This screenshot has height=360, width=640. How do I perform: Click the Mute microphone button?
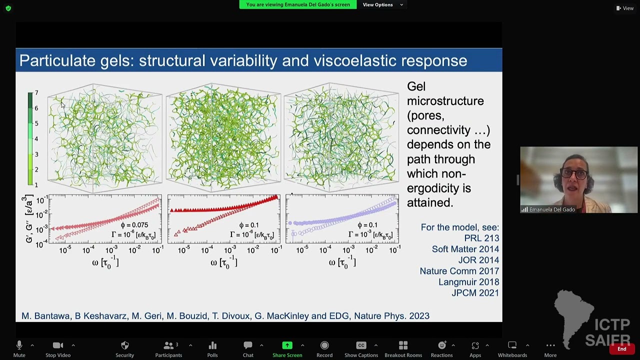click(19, 348)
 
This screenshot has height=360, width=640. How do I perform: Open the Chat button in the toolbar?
click(248, 348)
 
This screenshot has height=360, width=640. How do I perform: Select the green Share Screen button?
click(287, 348)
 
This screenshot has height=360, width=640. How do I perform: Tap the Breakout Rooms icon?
click(403, 348)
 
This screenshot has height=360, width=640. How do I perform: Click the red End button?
click(621, 349)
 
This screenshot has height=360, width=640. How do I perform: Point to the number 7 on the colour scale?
click(36, 93)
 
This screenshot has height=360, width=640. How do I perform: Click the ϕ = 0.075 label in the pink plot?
click(134, 225)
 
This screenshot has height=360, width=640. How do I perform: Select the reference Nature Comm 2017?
click(459, 271)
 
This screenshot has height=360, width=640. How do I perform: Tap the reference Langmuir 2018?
click(468, 282)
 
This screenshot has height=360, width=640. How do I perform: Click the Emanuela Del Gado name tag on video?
click(551, 209)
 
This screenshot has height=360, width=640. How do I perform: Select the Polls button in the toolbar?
click(212, 348)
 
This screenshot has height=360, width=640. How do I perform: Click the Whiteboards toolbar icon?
click(512, 348)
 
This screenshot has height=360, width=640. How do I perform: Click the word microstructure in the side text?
click(445, 101)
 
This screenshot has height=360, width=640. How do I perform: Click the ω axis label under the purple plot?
click(342, 263)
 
